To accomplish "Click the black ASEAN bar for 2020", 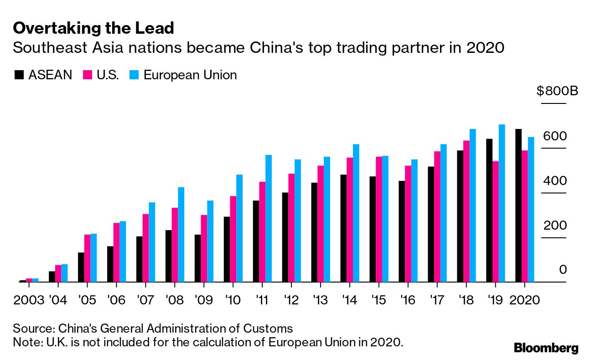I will click(x=518, y=206).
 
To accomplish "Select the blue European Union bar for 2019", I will click(x=502, y=203).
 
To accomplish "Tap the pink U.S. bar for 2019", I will click(x=495, y=221).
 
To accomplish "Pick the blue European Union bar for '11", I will click(x=269, y=219).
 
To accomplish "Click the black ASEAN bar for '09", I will click(x=197, y=258).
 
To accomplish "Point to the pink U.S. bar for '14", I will click(x=350, y=220).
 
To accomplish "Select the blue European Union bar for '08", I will click(x=181, y=235).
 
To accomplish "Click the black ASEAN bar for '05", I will click(x=81, y=267).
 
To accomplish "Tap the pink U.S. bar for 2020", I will click(x=524, y=216).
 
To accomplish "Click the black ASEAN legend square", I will click(x=20, y=75).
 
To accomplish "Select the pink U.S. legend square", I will click(x=88, y=75).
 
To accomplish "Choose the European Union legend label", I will click(x=190, y=75).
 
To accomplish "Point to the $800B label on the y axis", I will click(x=557, y=91).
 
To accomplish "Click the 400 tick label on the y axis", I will click(x=555, y=181).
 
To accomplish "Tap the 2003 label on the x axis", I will click(x=29, y=300).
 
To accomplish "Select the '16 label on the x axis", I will click(x=408, y=300).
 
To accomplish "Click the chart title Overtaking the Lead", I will click(x=93, y=29).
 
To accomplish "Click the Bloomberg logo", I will click(x=546, y=348).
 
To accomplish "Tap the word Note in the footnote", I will click(x=26, y=342).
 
